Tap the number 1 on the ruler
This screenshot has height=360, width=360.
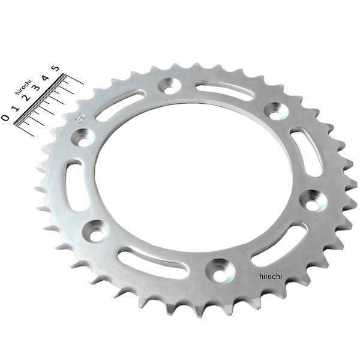point(16,108)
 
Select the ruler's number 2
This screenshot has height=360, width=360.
point(26,98)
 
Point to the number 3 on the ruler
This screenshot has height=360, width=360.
point(36,88)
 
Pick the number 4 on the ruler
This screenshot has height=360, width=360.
point(46,78)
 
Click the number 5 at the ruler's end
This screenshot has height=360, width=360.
point(56,68)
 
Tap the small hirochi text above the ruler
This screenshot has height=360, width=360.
point(23,87)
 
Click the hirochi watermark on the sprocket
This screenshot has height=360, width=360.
point(270,276)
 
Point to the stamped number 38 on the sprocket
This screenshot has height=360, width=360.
point(80,119)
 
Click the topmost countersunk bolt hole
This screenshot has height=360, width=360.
point(169,86)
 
